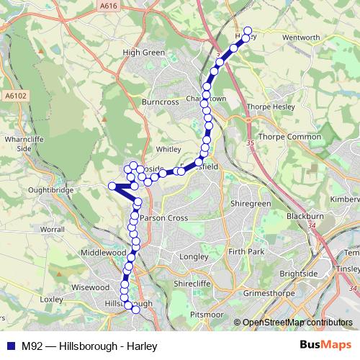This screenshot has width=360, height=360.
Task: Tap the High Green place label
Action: (144, 53)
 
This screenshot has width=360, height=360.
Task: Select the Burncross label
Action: (160, 103)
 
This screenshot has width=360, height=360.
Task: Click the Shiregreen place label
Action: (250, 204)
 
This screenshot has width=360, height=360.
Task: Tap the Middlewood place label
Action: (104, 253)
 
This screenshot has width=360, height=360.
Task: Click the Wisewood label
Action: (91, 286)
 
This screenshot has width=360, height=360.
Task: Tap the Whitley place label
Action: (168, 150)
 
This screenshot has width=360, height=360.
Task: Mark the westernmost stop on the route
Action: (112, 186)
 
